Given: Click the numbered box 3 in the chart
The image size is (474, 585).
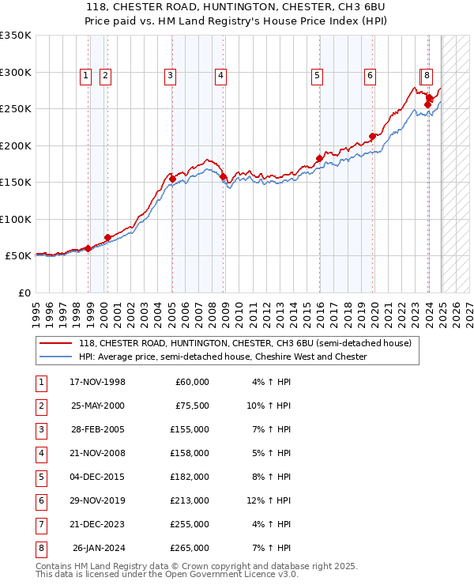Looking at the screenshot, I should (170, 76).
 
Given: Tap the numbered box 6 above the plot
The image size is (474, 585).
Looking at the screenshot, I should (369, 76).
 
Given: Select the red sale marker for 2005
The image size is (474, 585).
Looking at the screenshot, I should (172, 179).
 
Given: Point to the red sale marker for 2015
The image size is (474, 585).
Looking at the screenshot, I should (319, 158).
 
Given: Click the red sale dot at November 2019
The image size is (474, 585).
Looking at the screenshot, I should (372, 136).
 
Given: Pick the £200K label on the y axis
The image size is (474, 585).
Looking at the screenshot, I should (15, 145).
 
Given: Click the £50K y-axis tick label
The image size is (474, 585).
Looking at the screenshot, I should (18, 256).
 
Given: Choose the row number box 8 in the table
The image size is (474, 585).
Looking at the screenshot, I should (39, 548).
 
